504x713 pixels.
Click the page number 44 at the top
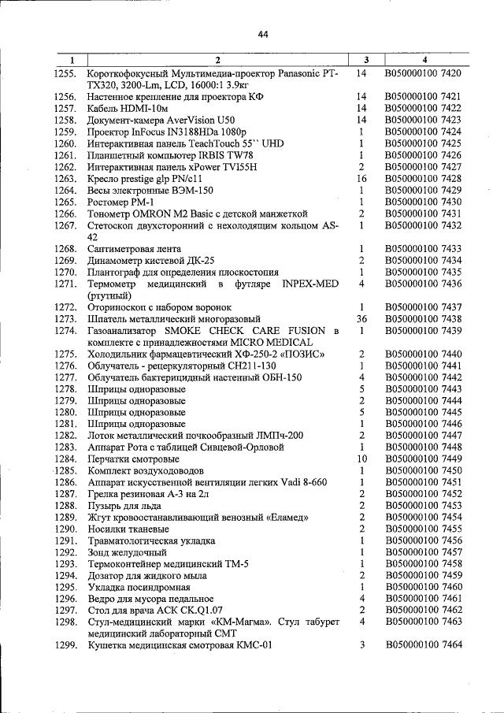pyautogui.click(x=263, y=34)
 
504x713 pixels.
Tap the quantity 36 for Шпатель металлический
pyautogui.click(x=361, y=318)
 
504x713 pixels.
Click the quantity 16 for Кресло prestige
pyautogui.click(x=361, y=179)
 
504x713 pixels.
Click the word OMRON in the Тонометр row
pyautogui.click(x=155, y=214)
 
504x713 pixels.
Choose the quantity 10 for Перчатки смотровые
pyautogui.click(x=361, y=459)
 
